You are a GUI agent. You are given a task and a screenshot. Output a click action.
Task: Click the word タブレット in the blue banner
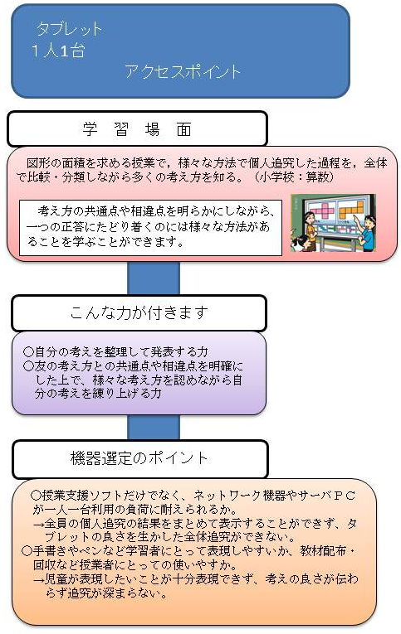69,29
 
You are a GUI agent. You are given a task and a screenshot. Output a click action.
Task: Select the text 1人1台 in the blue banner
58,51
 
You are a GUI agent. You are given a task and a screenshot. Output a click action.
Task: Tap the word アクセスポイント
183,71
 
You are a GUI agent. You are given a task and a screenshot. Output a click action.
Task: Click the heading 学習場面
137,130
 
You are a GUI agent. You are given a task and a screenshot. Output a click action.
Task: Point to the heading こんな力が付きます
139,312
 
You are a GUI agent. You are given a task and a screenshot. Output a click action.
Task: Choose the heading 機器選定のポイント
139,458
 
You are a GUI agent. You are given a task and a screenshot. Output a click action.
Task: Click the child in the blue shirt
367,233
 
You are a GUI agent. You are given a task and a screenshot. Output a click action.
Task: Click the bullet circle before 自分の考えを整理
28,351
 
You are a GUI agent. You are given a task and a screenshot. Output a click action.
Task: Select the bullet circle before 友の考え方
28,366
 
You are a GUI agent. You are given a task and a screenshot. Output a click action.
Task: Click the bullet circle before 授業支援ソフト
36,495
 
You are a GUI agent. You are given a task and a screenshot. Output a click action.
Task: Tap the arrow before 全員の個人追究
37,524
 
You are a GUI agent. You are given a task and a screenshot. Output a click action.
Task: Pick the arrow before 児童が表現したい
37,580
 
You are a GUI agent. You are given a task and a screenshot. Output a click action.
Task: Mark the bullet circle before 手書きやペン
27,550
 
